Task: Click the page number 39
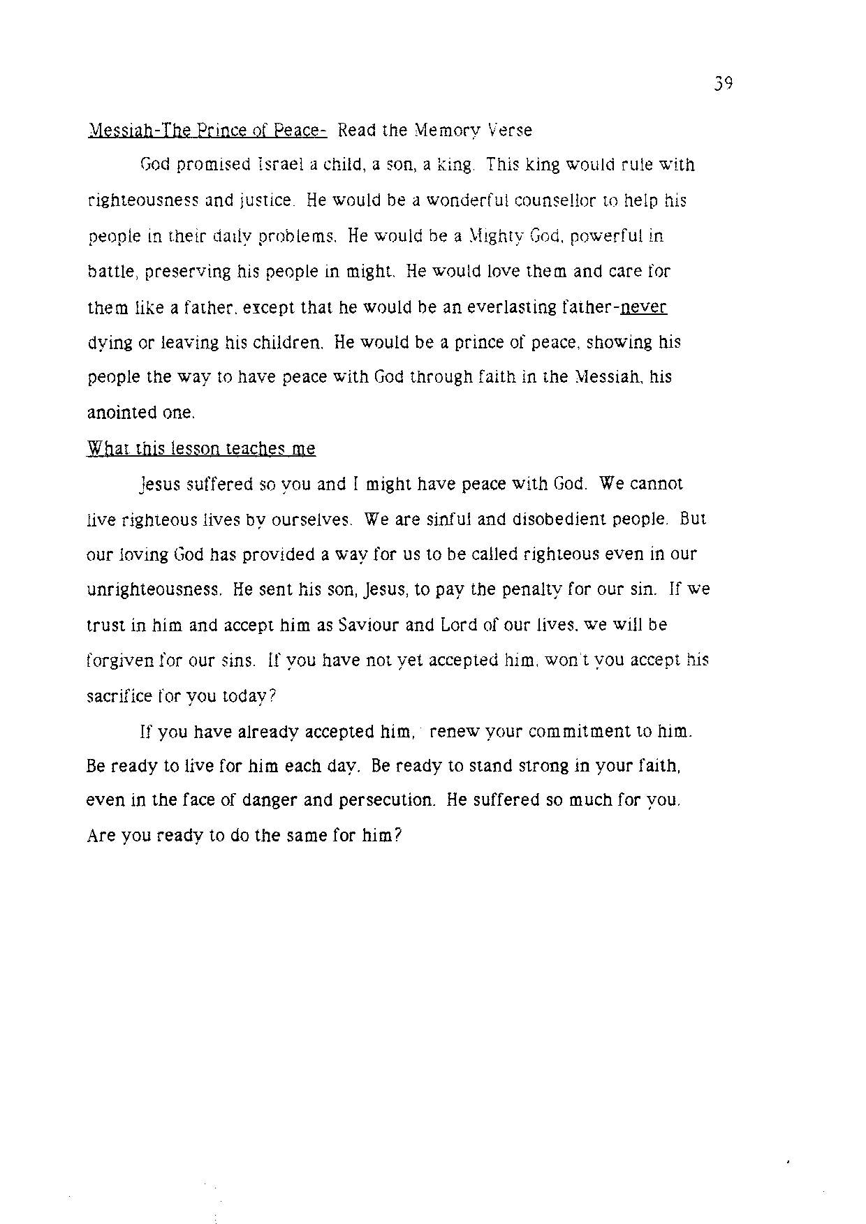(x=723, y=84)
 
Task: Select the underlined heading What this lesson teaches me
(x=201, y=448)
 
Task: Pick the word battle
(x=107, y=271)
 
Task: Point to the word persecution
(x=387, y=800)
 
